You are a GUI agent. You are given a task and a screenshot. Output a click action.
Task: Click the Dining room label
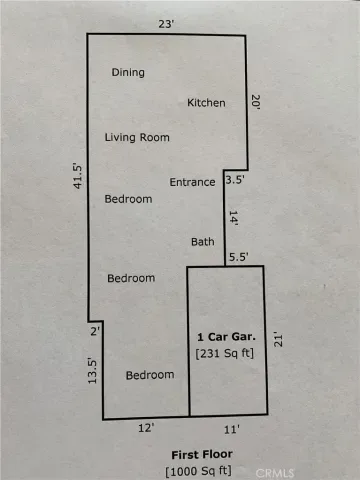(128, 73)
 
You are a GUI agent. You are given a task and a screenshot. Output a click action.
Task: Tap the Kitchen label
(206, 103)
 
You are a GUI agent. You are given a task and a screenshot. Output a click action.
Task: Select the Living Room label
(137, 137)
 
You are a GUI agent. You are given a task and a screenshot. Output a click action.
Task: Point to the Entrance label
(192, 182)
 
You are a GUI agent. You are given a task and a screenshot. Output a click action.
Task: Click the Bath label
(203, 242)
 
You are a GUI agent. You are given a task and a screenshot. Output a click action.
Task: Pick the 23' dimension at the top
(166, 24)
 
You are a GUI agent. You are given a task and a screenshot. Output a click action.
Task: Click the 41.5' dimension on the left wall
(77, 176)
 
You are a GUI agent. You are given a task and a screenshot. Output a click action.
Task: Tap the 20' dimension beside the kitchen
(256, 102)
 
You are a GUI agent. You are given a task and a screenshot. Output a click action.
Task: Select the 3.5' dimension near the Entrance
(235, 180)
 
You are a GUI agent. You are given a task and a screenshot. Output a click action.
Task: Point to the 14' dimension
(233, 218)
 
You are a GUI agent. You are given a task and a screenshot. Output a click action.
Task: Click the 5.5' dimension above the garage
(239, 257)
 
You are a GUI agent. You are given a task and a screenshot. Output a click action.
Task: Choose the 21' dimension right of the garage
(278, 339)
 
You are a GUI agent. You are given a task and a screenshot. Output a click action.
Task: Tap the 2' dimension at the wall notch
(95, 331)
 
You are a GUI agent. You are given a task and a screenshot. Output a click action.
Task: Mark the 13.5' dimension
(92, 371)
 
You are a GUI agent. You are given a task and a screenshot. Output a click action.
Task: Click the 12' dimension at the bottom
(146, 428)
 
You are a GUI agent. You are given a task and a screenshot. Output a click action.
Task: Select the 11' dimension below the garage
(232, 429)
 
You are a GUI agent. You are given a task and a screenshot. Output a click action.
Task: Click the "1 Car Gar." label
(226, 337)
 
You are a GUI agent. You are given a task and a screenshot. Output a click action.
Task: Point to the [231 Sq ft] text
(225, 353)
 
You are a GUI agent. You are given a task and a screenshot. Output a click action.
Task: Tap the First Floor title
(202, 455)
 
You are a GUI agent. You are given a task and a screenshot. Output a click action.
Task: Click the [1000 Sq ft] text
(198, 471)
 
